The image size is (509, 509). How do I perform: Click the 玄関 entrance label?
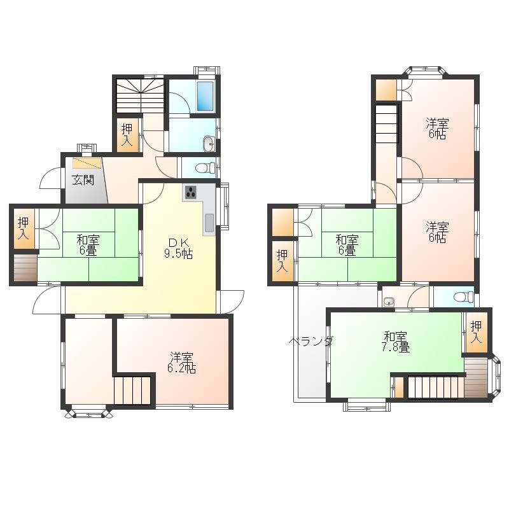click(x=83, y=180)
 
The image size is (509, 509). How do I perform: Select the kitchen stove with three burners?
click(x=191, y=193)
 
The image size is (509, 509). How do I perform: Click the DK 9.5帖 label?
click(x=178, y=248)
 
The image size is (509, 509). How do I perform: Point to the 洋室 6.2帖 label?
click(x=181, y=363)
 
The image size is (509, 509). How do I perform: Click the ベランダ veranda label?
click(x=311, y=341)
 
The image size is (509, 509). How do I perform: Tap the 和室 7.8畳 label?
click(x=395, y=342)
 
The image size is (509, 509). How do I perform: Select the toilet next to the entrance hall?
click(x=206, y=168)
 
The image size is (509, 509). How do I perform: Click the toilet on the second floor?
click(x=464, y=296)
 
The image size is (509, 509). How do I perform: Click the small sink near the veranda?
click(x=389, y=302)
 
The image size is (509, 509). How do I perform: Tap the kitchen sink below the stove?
click(x=209, y=223)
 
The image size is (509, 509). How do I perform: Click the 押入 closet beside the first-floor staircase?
click(x=127, y=135)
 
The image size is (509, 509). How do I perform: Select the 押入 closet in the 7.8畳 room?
click(x=476, y=331)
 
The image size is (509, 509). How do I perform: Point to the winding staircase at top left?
click(x=140, y=95)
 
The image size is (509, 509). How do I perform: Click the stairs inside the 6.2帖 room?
click(x=132, y=391)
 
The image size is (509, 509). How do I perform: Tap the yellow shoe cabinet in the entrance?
click(x=87, y=163)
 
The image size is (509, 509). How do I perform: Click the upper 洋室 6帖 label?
click(x=437, y=129)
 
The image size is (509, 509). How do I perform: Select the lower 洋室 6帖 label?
click(x=437, y=232)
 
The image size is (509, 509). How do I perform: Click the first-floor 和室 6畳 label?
click(x=88, y=246)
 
